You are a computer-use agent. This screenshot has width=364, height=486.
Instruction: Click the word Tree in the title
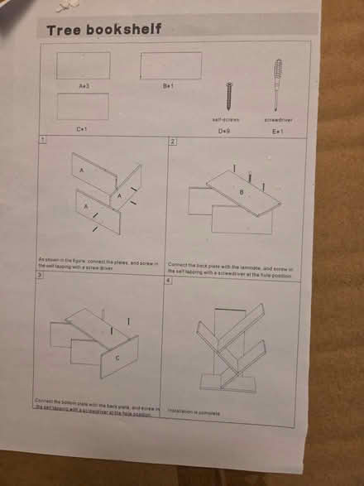(63, 30)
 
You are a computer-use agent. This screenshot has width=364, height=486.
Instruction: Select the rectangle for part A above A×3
(83, 65)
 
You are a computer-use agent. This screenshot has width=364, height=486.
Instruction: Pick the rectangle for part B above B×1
(170, 65)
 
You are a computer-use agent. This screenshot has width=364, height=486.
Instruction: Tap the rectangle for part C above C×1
(82, 107)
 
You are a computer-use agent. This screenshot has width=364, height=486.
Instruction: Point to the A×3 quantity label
(84, 85)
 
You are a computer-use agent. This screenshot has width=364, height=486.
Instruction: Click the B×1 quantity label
(169, 85)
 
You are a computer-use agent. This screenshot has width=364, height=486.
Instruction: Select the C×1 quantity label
(82, 128)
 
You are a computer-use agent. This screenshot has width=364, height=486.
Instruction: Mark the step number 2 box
(172, 142)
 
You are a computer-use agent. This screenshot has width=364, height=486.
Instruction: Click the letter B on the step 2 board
(242, 192)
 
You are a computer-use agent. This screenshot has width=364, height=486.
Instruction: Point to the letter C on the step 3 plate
(117, 357)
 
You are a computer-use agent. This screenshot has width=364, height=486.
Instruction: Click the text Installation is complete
(194, 410)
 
